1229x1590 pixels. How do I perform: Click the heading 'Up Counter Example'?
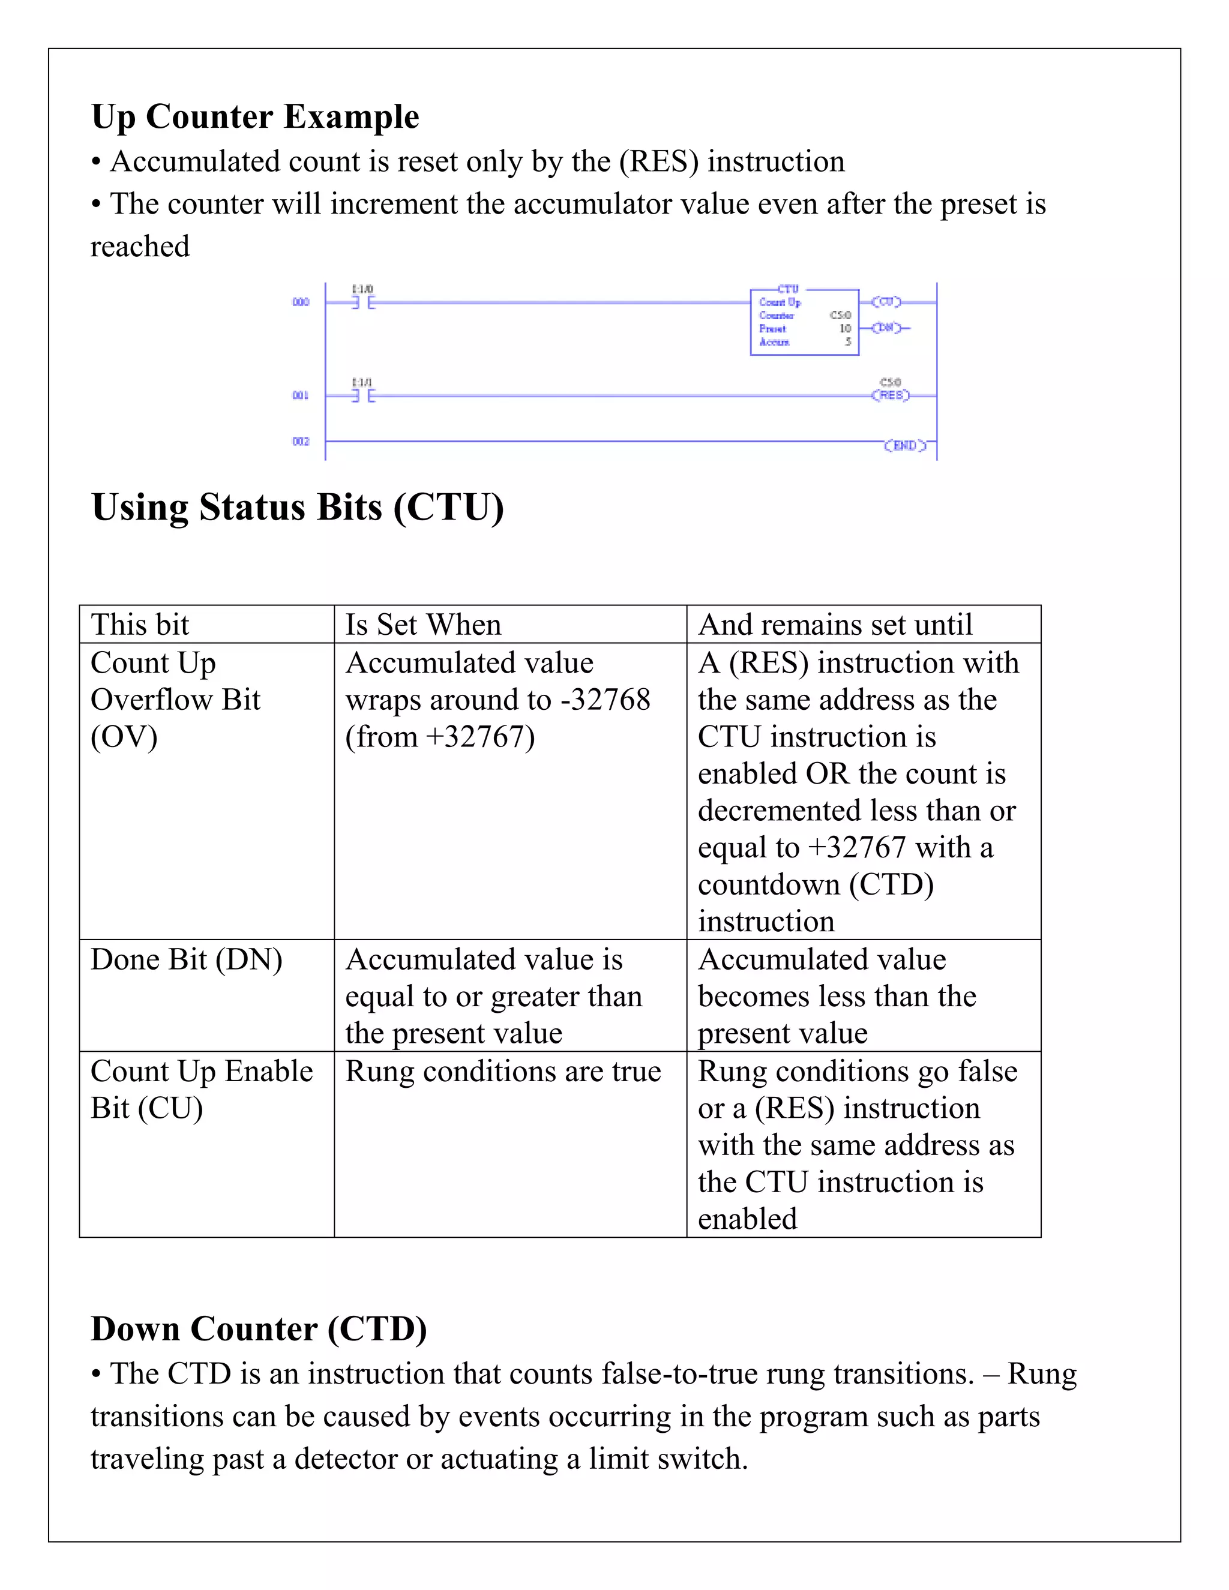click(x=255, y=116)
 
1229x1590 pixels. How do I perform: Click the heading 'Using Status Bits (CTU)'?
click(x=297, y=507)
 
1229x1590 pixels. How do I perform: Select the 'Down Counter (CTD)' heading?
click(x=259, y=1328)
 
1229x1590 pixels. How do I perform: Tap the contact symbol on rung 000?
click(x=362, y=302)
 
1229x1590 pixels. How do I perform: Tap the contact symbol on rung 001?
click(x=362, y=395)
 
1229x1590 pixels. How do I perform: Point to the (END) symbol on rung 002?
click(x=905, y=445)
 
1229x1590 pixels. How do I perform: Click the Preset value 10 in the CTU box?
click(x=844, y=328)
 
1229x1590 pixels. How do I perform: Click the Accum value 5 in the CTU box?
click(x=847, y=341)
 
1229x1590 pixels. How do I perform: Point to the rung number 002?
click(x=301, y=441)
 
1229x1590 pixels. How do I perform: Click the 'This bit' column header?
click(x=140, y=625)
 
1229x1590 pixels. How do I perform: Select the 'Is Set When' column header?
click(x=423, y=625)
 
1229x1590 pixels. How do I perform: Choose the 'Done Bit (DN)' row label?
click(x=187, y=959)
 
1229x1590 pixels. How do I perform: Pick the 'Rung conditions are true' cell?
click(x=503, y=1071)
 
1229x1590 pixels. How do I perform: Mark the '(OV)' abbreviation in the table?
click(x=124, y=737)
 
